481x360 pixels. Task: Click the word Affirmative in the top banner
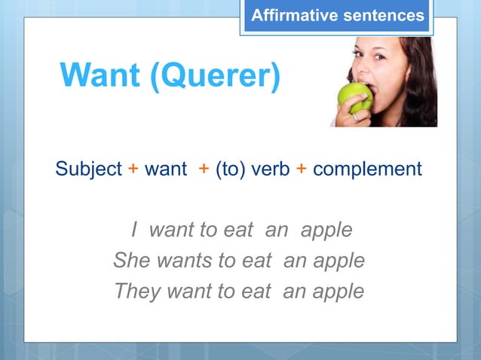(290, 15)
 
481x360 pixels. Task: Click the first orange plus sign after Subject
(133, 169)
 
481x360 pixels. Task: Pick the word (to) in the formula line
(229, 169)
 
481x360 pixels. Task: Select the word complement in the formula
(367, 169)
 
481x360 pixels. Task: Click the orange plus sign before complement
(300, 169)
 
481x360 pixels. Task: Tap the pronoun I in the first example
(134, 230)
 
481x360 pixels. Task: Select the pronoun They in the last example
(137, 291)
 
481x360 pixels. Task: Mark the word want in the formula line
(165, 169)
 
